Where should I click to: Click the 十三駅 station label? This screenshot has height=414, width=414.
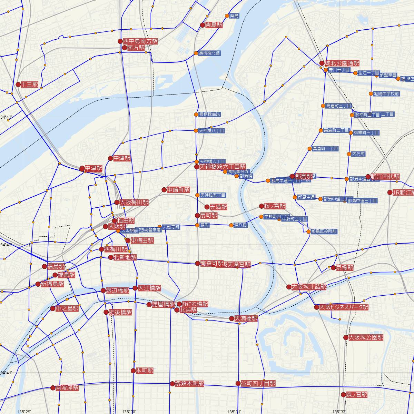(x=29, y=85)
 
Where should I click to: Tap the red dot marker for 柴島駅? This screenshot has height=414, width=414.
(x=203, y=25)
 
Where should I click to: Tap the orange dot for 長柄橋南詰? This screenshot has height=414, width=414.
(x=196, y=114)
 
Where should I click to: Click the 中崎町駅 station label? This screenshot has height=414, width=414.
(x=178, y=190)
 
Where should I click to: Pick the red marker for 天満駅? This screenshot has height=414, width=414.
(x=207, y=207)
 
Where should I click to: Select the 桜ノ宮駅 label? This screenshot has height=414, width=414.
(x=275, y=206)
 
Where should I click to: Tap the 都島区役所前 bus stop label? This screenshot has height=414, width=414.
(x=324, y=231)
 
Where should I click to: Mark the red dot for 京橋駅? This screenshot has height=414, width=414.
(x=333, y=268)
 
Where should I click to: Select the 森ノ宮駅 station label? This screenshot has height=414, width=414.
(x=357, y=395)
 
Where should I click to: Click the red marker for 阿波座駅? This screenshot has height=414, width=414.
(x=53, y=388)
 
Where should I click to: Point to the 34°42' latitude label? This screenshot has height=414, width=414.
(x=6, y=245)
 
